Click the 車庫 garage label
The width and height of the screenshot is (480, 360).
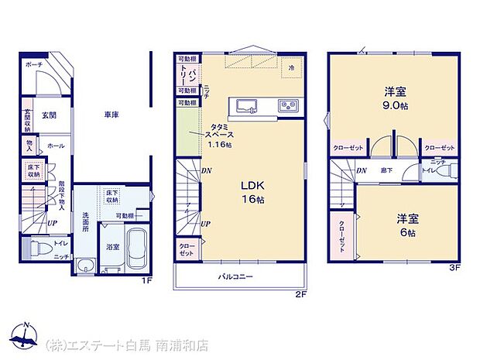[x=111, y=115]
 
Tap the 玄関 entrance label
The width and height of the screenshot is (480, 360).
[x=49, y=115]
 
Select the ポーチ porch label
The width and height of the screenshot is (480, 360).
[x=33, y=64]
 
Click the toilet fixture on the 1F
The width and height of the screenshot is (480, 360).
[x=36, y=248]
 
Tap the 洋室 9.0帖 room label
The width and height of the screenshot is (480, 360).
[x=393, y=97]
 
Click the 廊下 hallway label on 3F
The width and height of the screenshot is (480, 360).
[x=385, y=170]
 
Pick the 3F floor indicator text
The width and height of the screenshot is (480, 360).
[x=457, y=268]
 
